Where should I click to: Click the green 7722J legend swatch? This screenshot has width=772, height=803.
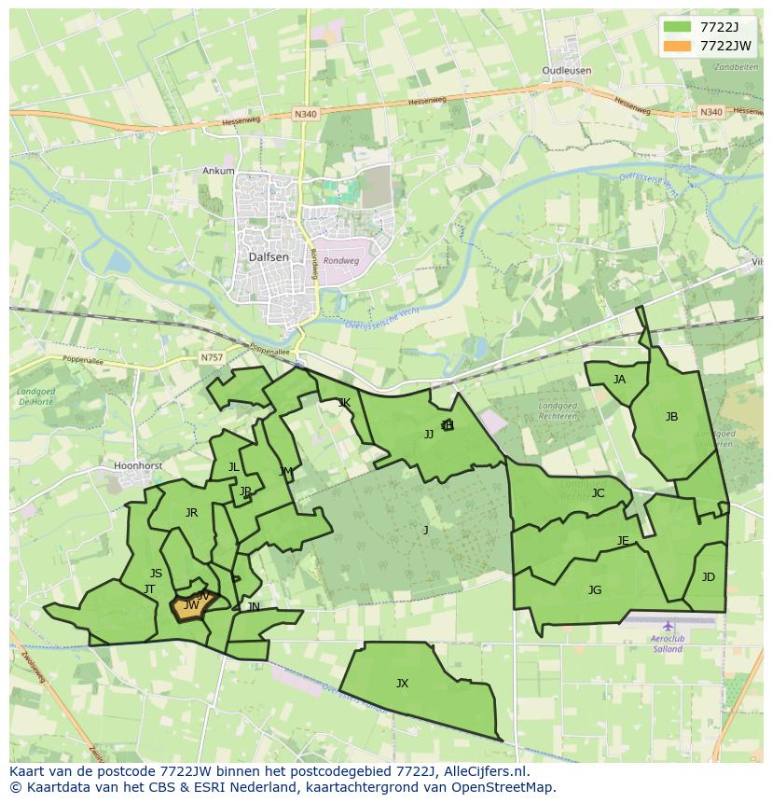678,26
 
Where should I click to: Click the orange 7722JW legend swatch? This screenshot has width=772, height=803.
678,45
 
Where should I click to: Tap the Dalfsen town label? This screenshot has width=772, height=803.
269,256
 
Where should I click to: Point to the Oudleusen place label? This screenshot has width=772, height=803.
567,71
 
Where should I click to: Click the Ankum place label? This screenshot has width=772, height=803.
218,171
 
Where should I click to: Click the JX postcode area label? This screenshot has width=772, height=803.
402,684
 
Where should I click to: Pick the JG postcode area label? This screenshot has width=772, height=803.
595,589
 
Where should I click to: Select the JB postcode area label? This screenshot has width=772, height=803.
671,417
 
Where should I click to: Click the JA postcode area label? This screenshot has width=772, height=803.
619,380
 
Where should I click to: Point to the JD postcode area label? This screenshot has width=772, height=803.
709,577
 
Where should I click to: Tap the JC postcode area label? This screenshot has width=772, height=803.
598,493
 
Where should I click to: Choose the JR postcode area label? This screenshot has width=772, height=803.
191,513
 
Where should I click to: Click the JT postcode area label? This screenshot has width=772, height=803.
149,589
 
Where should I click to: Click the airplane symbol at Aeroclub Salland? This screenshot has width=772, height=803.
668,626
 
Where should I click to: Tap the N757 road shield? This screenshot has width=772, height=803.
211,357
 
